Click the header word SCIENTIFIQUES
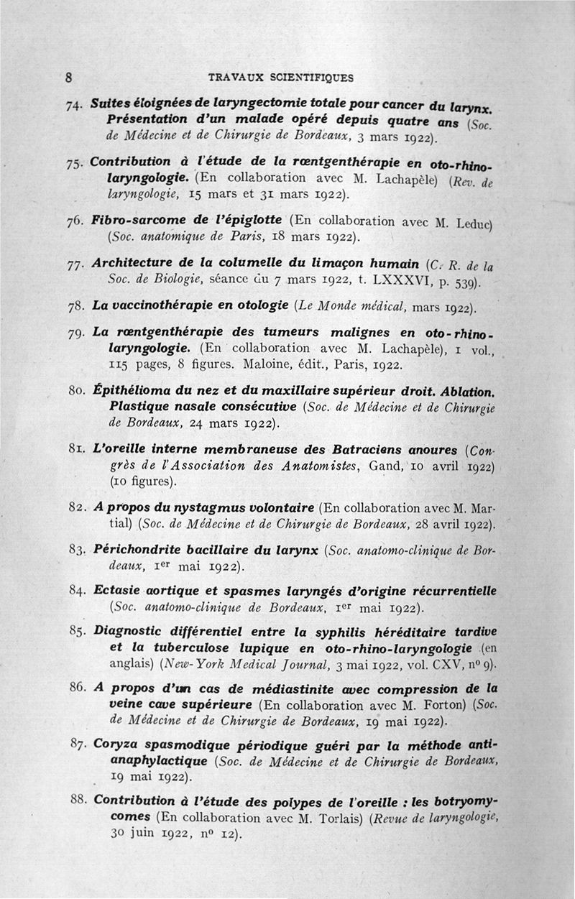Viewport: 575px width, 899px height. point(313,77)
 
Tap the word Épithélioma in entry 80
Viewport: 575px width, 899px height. point(134,390)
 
